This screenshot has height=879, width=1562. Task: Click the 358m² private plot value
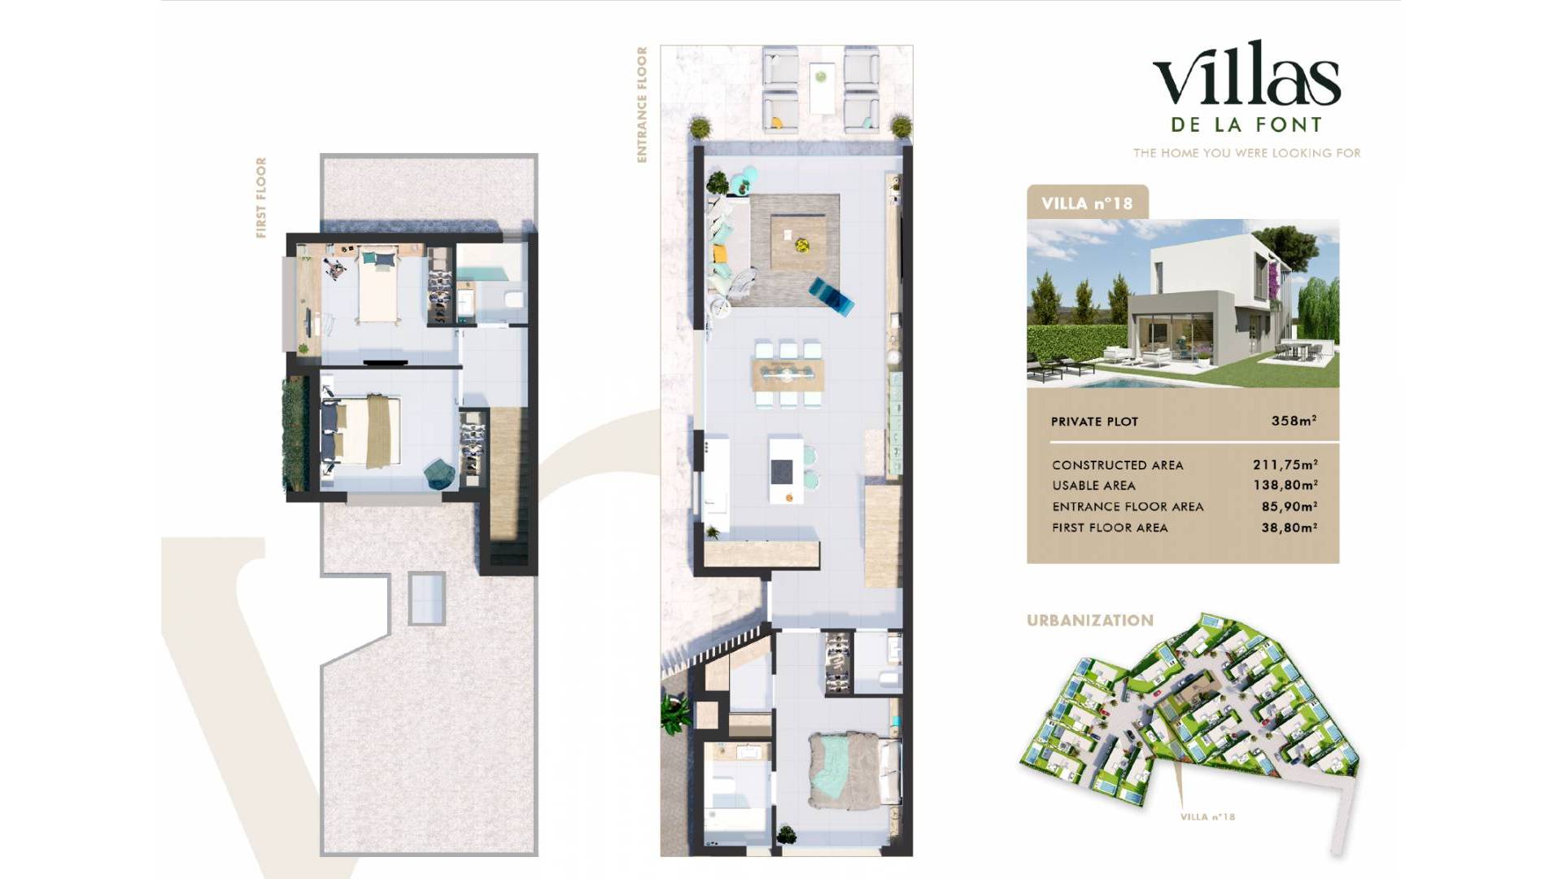pos(1294,421)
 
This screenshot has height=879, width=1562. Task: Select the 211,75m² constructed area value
pos(1285,465)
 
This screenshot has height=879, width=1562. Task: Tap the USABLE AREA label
pos(1093,486)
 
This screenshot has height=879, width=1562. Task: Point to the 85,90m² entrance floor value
pos(1289,506)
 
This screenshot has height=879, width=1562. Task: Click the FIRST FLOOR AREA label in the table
pos(1110,527)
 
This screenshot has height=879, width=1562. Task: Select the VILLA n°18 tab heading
pos(1087,203)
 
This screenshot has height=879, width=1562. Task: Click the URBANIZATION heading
pos(1090,620)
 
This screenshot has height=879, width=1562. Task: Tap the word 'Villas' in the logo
pos(1246,75)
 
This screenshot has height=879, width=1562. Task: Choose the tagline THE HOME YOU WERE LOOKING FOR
pos(1247,153)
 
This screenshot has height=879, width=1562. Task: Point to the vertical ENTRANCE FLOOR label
pos(642,104)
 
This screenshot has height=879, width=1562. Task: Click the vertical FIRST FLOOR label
pos(261,198)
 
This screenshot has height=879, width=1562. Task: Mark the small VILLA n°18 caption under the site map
pos(1207,817)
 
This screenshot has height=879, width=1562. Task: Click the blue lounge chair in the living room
pos(831,295)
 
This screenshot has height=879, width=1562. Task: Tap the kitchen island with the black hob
pos(785,470)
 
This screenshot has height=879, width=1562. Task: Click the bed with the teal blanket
pos(846,770)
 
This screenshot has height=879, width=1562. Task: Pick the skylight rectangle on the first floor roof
pos(427,598)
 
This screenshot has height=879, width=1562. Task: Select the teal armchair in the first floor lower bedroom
pos(440,474)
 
